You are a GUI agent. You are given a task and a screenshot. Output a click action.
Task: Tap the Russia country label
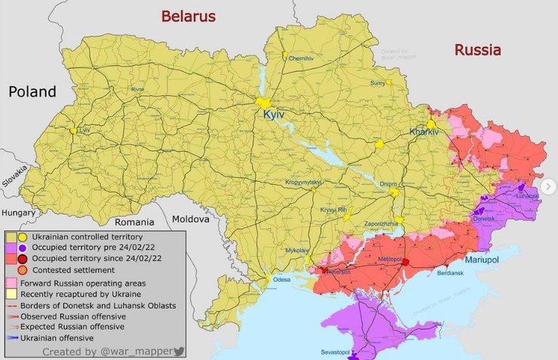[x=477, y=51]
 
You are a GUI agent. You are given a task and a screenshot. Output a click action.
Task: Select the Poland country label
[x=32, y=92]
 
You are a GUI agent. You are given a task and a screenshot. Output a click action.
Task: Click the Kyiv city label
[x=272, y=115]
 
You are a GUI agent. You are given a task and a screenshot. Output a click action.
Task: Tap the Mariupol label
[x=483, y=259]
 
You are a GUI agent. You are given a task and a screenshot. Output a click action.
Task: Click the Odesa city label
[x=281, y=280]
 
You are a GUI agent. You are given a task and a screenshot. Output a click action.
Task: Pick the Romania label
[x=134, y=222]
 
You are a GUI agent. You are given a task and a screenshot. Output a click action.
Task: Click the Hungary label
[x=18, y=213]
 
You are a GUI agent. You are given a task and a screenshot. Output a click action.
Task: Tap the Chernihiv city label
[x=300, y=59]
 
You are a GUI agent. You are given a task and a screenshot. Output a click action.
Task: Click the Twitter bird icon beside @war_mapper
[x=179, y=352]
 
